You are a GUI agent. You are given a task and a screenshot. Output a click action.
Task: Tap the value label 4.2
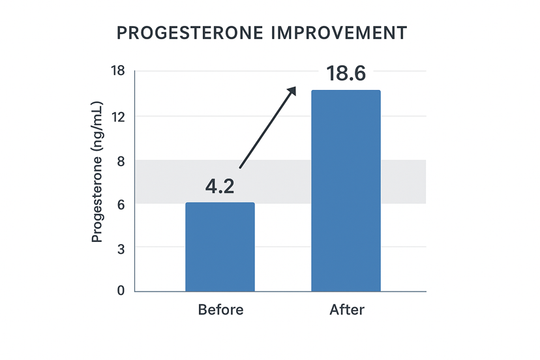220,187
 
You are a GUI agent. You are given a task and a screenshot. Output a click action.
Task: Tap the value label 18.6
346,74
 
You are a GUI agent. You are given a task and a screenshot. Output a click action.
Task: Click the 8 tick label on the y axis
120,160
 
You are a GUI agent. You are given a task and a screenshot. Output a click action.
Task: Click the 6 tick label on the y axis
120,203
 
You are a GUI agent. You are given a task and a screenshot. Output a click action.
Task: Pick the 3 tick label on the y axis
120,248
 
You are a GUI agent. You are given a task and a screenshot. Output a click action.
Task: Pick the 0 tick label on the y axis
120,291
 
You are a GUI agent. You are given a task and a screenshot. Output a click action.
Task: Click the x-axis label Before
220,310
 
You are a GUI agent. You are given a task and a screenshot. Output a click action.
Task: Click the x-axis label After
346,310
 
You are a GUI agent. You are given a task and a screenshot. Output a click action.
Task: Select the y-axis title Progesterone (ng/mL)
97,172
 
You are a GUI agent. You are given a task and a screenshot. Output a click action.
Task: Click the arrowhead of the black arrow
293,90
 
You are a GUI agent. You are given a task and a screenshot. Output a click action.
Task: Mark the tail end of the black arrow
241,169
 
